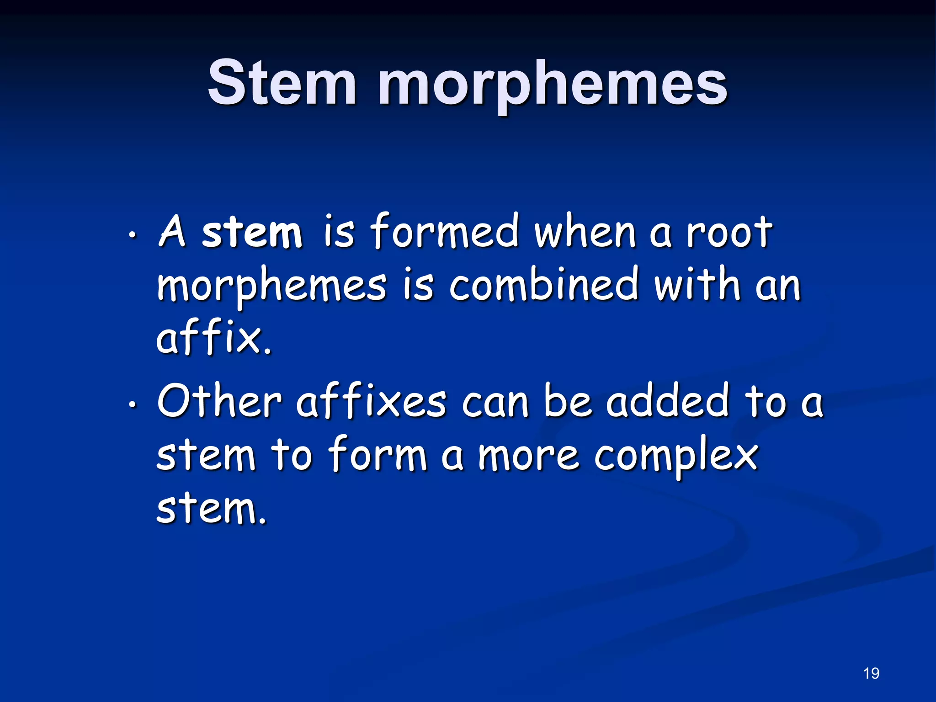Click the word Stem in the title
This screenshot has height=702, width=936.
pyautogui.click(x=282, y=83)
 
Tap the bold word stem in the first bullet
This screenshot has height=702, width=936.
pyautogui.click(x=252, y=233)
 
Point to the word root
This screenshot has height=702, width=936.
pyautogui.click(x=729, y=233)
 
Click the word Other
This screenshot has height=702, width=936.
pyautogui.click(x=219, y=401)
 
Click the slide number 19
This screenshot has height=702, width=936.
pyautogui.click(x=871, y=673)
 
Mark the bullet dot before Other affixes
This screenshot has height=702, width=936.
pyautogui.click(x=132, y=404)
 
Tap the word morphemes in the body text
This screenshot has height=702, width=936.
pyautogui.click(x=271, y=287)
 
